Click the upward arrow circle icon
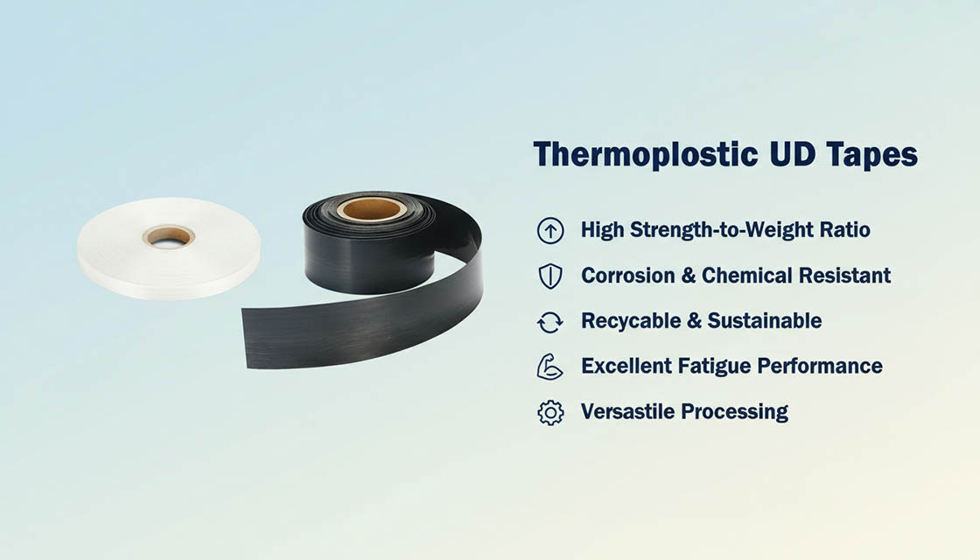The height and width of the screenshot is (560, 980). tap(549, 231)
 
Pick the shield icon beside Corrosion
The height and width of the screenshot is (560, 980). tap(549, 276)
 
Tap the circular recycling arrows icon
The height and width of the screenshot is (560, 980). tap(549, 322)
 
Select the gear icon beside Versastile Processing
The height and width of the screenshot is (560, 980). tap(549, 412)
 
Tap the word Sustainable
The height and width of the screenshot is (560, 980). tap(765, 321)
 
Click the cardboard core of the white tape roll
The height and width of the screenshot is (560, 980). tap(169, 235)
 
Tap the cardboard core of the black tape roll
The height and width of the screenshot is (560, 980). tap(372, 209)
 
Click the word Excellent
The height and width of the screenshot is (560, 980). tap(626, 366)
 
